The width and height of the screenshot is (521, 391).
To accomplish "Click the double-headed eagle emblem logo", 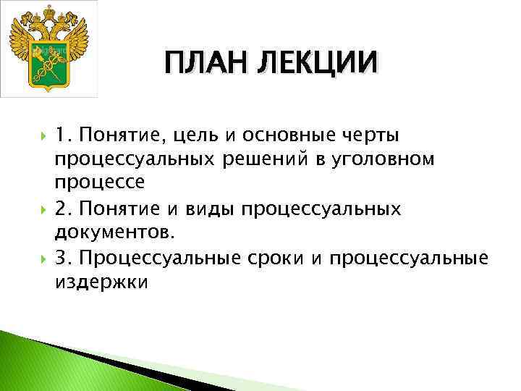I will (x=48, y=49).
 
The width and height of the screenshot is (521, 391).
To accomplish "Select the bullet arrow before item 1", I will (x=41, y=135).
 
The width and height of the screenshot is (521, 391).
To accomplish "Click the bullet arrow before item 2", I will (x=41, y=209).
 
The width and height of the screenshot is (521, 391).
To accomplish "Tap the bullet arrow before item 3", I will (x=41, y=258).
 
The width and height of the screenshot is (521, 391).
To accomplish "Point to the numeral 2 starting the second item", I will (x=62, y=209).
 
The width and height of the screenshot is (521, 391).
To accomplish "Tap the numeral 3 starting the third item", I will (x=62, y=258).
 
